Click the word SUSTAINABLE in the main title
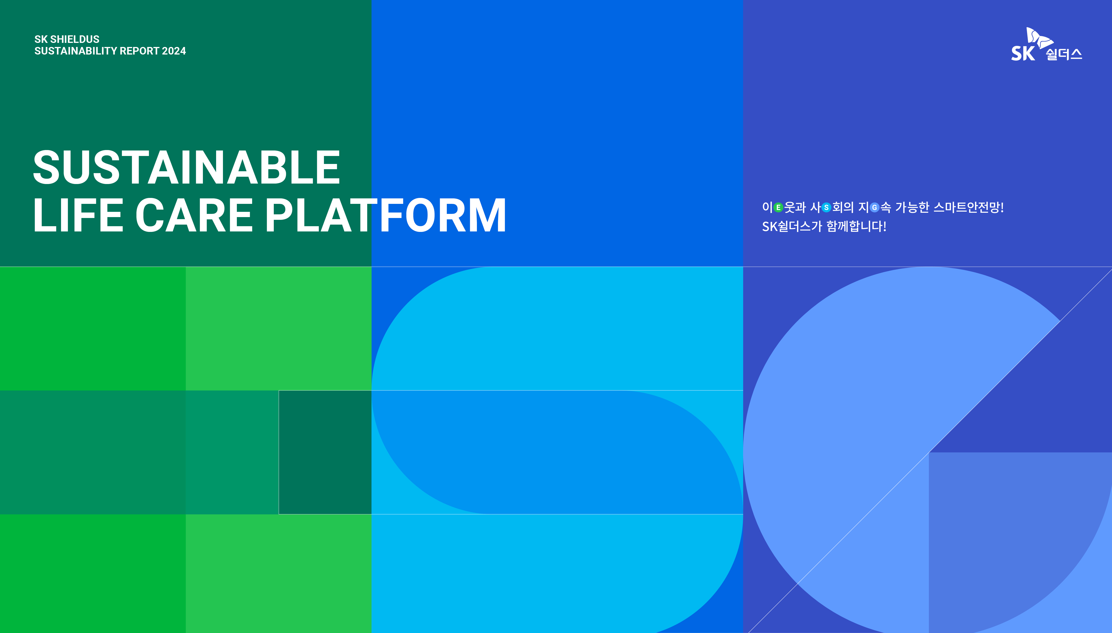pos(187,167)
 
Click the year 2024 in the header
pos(174,51)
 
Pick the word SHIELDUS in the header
pos(75,39)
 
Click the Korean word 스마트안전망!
pos(969,207)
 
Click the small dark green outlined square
pos(325,452)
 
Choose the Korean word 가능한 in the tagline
pos(912,207)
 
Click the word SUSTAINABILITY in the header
pos(76,51)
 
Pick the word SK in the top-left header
pos(41,39)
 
